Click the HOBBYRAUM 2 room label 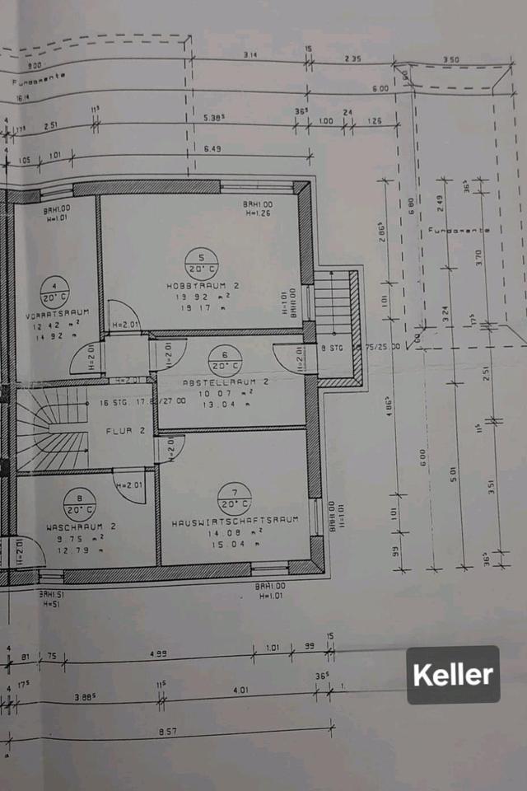[201, 286]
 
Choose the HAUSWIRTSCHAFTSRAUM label [234, 522]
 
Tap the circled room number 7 [235, 498]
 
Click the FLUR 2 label [125, 430]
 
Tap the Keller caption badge [453, 675]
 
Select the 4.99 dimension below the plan [156, 653]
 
